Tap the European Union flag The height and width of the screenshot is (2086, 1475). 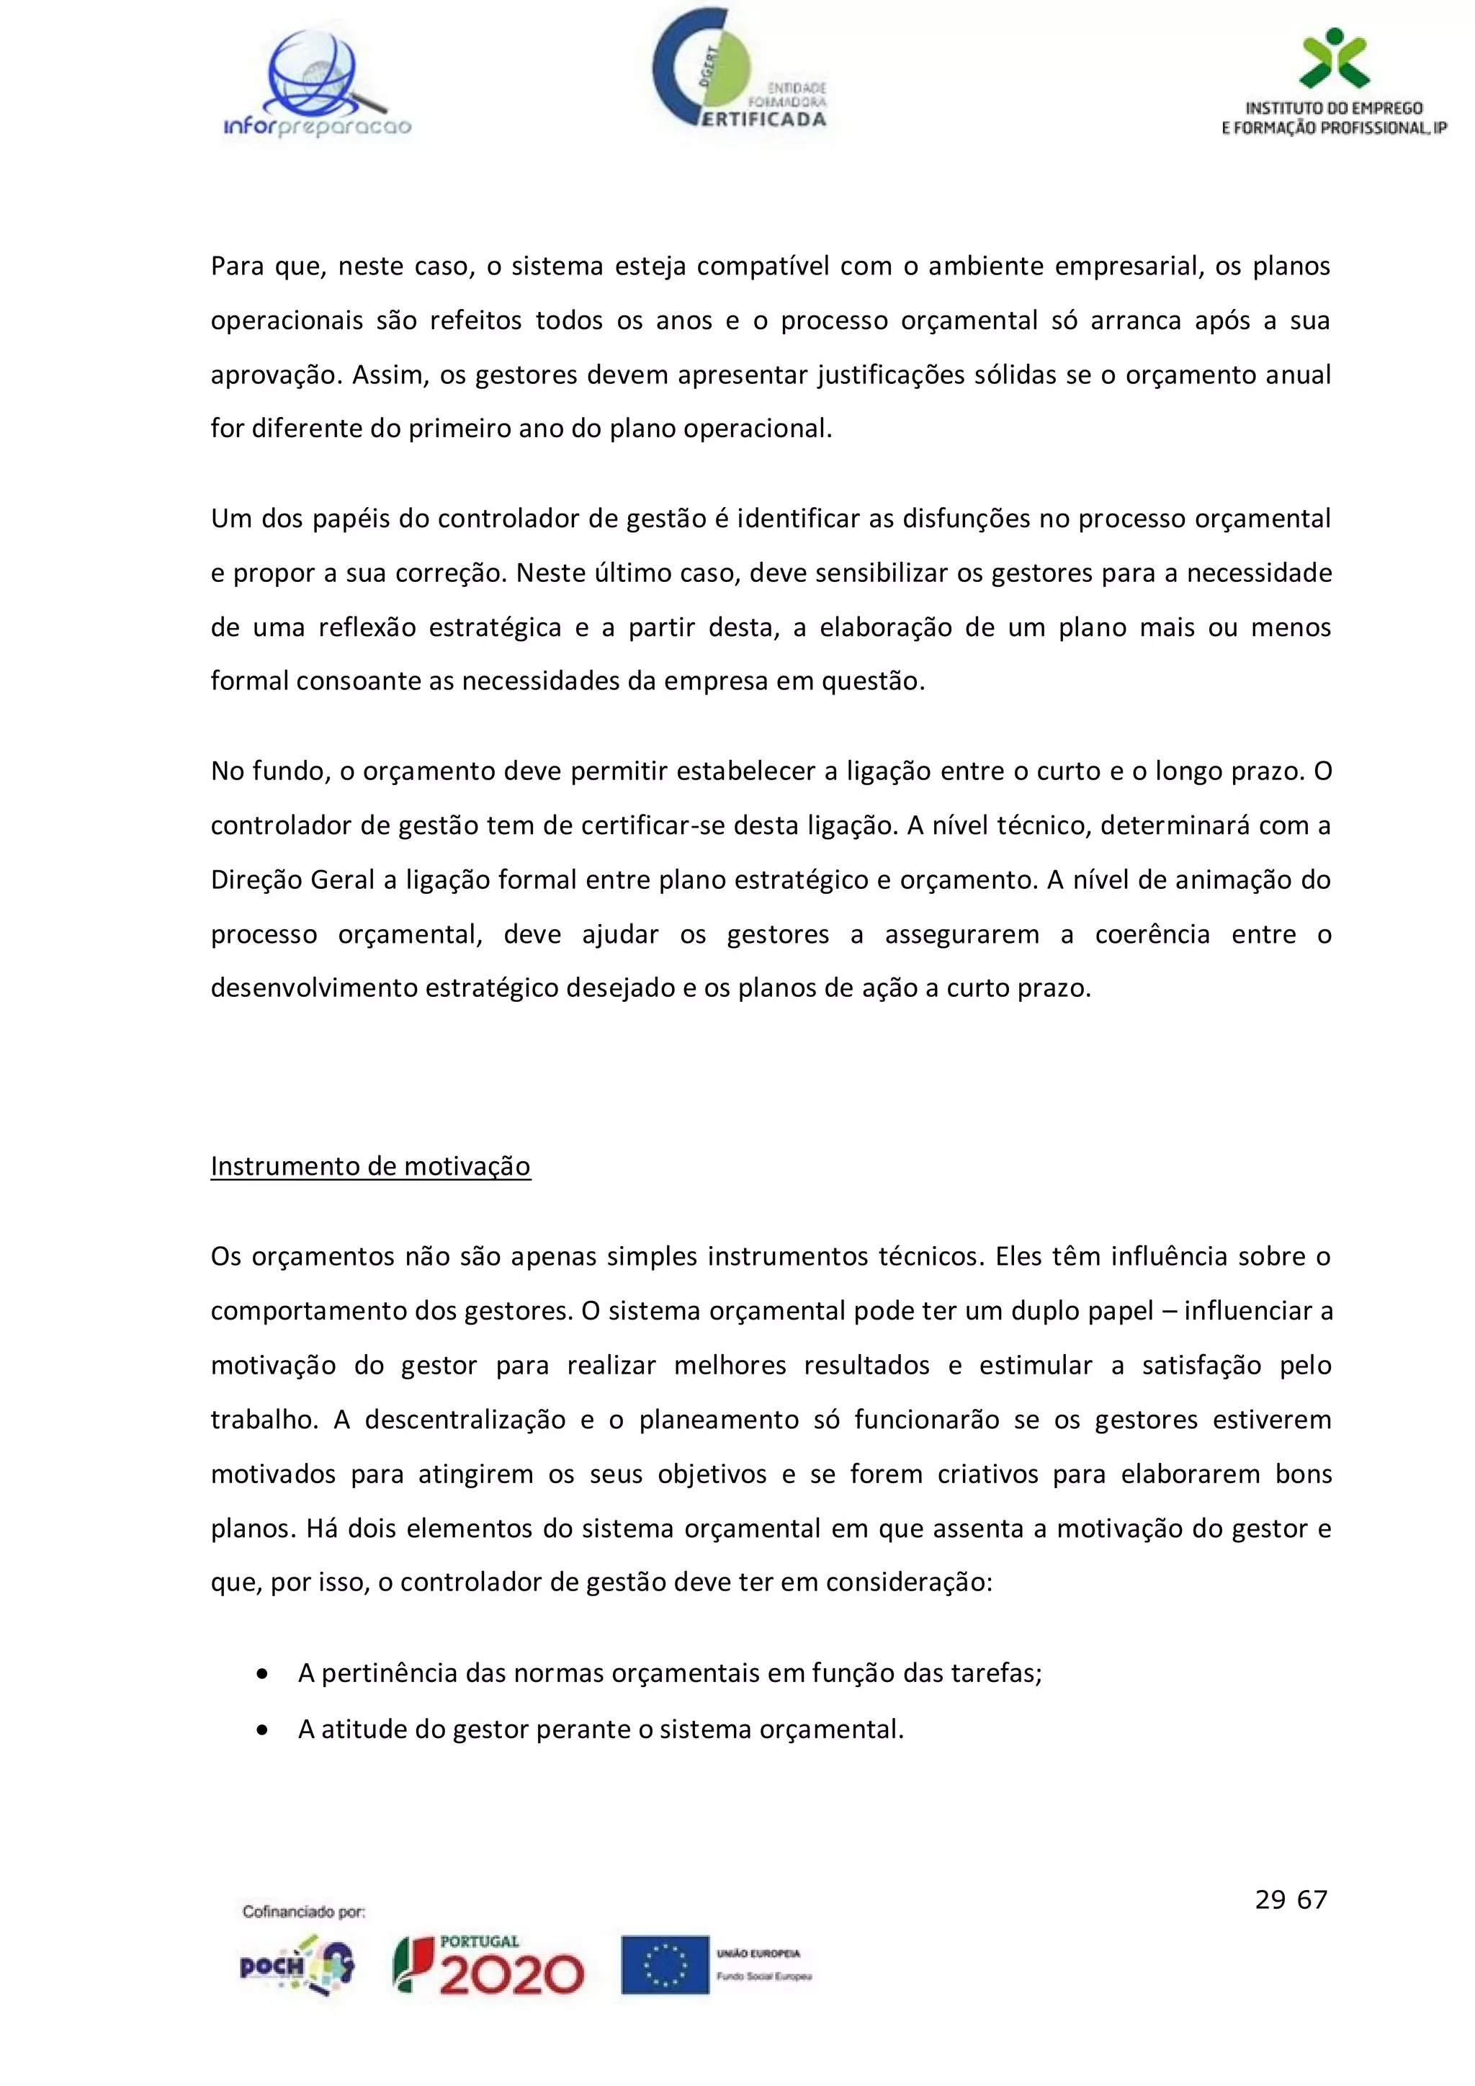coord(665,1964)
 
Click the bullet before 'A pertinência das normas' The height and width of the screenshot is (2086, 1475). coord(262,1673)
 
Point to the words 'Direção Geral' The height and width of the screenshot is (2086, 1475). coord(292,880)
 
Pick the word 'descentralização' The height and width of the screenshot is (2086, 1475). coord(465,1420)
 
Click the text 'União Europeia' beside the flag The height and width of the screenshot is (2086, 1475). coord(758,1953)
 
